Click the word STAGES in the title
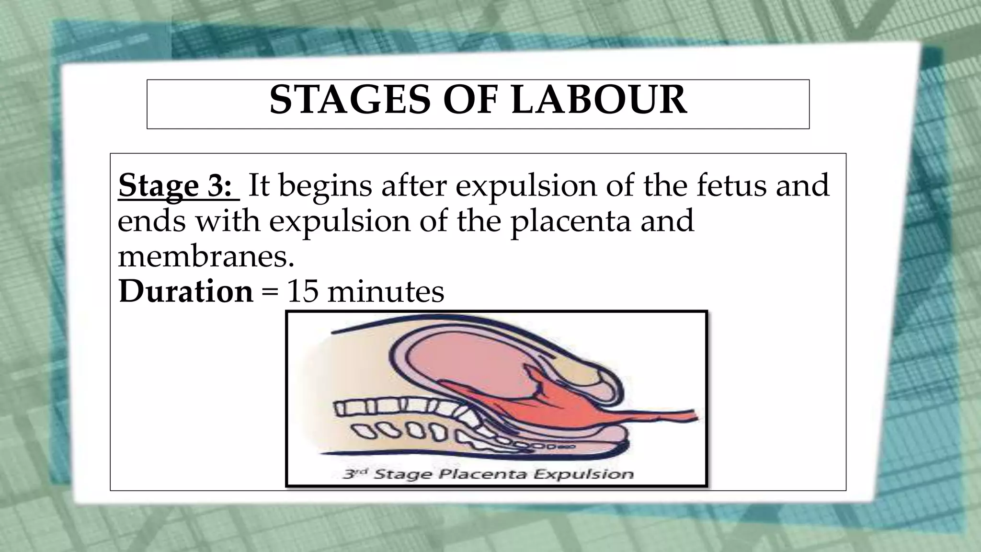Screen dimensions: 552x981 pos(349,100)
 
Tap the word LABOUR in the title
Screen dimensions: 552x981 pos(599,100)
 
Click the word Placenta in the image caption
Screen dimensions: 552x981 pos(484,474)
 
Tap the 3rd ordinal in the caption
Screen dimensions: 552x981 pos(355,473)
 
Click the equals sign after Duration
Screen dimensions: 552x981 pos(270,292)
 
